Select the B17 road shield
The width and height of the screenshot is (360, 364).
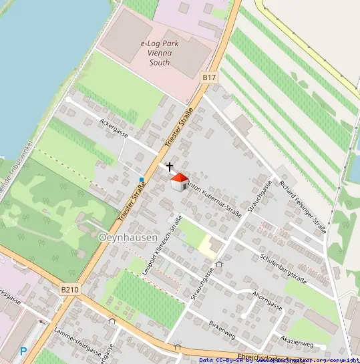[209, 77]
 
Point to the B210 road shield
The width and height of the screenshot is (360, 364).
[69, 290]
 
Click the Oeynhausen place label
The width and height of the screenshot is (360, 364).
[128, 237]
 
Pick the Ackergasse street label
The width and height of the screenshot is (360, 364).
[113, 126]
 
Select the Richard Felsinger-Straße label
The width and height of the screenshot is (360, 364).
[303, 206]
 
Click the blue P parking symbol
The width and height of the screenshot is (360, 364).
[23, 351]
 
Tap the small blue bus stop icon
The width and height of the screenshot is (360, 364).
[142, 178]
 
